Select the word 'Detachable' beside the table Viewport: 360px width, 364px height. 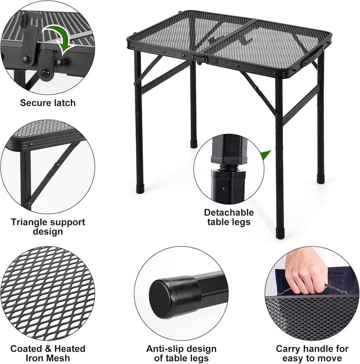point(229,212)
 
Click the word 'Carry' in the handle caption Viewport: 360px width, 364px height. point(288,349)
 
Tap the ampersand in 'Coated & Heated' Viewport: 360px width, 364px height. point(48,349)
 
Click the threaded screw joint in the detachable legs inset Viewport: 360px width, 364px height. point(229,167)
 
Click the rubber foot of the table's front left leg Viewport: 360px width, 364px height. point(140,188)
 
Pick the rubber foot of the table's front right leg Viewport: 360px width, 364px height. point(280,233)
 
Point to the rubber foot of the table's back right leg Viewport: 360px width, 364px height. point(320,179)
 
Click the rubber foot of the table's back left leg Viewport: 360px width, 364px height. point(193,143)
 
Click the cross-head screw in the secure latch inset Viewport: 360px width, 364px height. point(45,73)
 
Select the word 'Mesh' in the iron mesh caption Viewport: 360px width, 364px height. point(58,358)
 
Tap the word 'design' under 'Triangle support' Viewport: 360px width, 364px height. point(48,231)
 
